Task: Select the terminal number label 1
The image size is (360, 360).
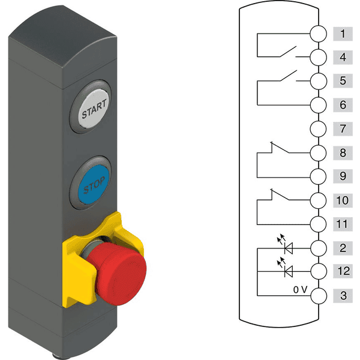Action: (343, 34)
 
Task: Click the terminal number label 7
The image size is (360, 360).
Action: (343, 129)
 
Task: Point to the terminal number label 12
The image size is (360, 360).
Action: (343, 271)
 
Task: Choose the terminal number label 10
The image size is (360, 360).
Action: (343, 200)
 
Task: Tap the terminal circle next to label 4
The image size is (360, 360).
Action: (318, 58)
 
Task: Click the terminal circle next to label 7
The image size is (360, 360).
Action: (318, 129)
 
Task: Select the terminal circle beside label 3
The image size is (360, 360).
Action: (318, 296)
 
